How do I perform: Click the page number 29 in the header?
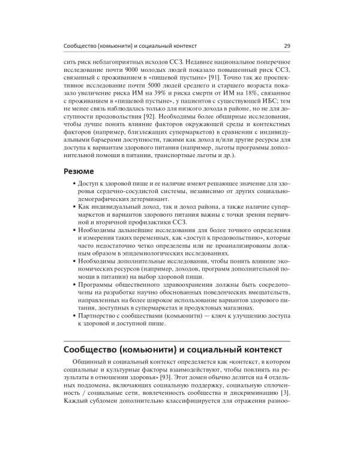click(x=287, y=46)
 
